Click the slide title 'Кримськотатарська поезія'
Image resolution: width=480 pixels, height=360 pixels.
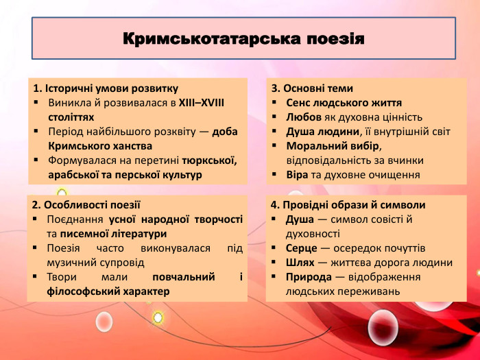[243, 38]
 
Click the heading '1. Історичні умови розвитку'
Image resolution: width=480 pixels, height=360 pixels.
[106, 88]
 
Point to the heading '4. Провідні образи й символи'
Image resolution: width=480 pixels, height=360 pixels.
[348, 204]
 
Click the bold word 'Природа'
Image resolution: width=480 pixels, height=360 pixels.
[308, 276]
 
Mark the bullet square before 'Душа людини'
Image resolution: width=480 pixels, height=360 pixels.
[274, 132]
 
